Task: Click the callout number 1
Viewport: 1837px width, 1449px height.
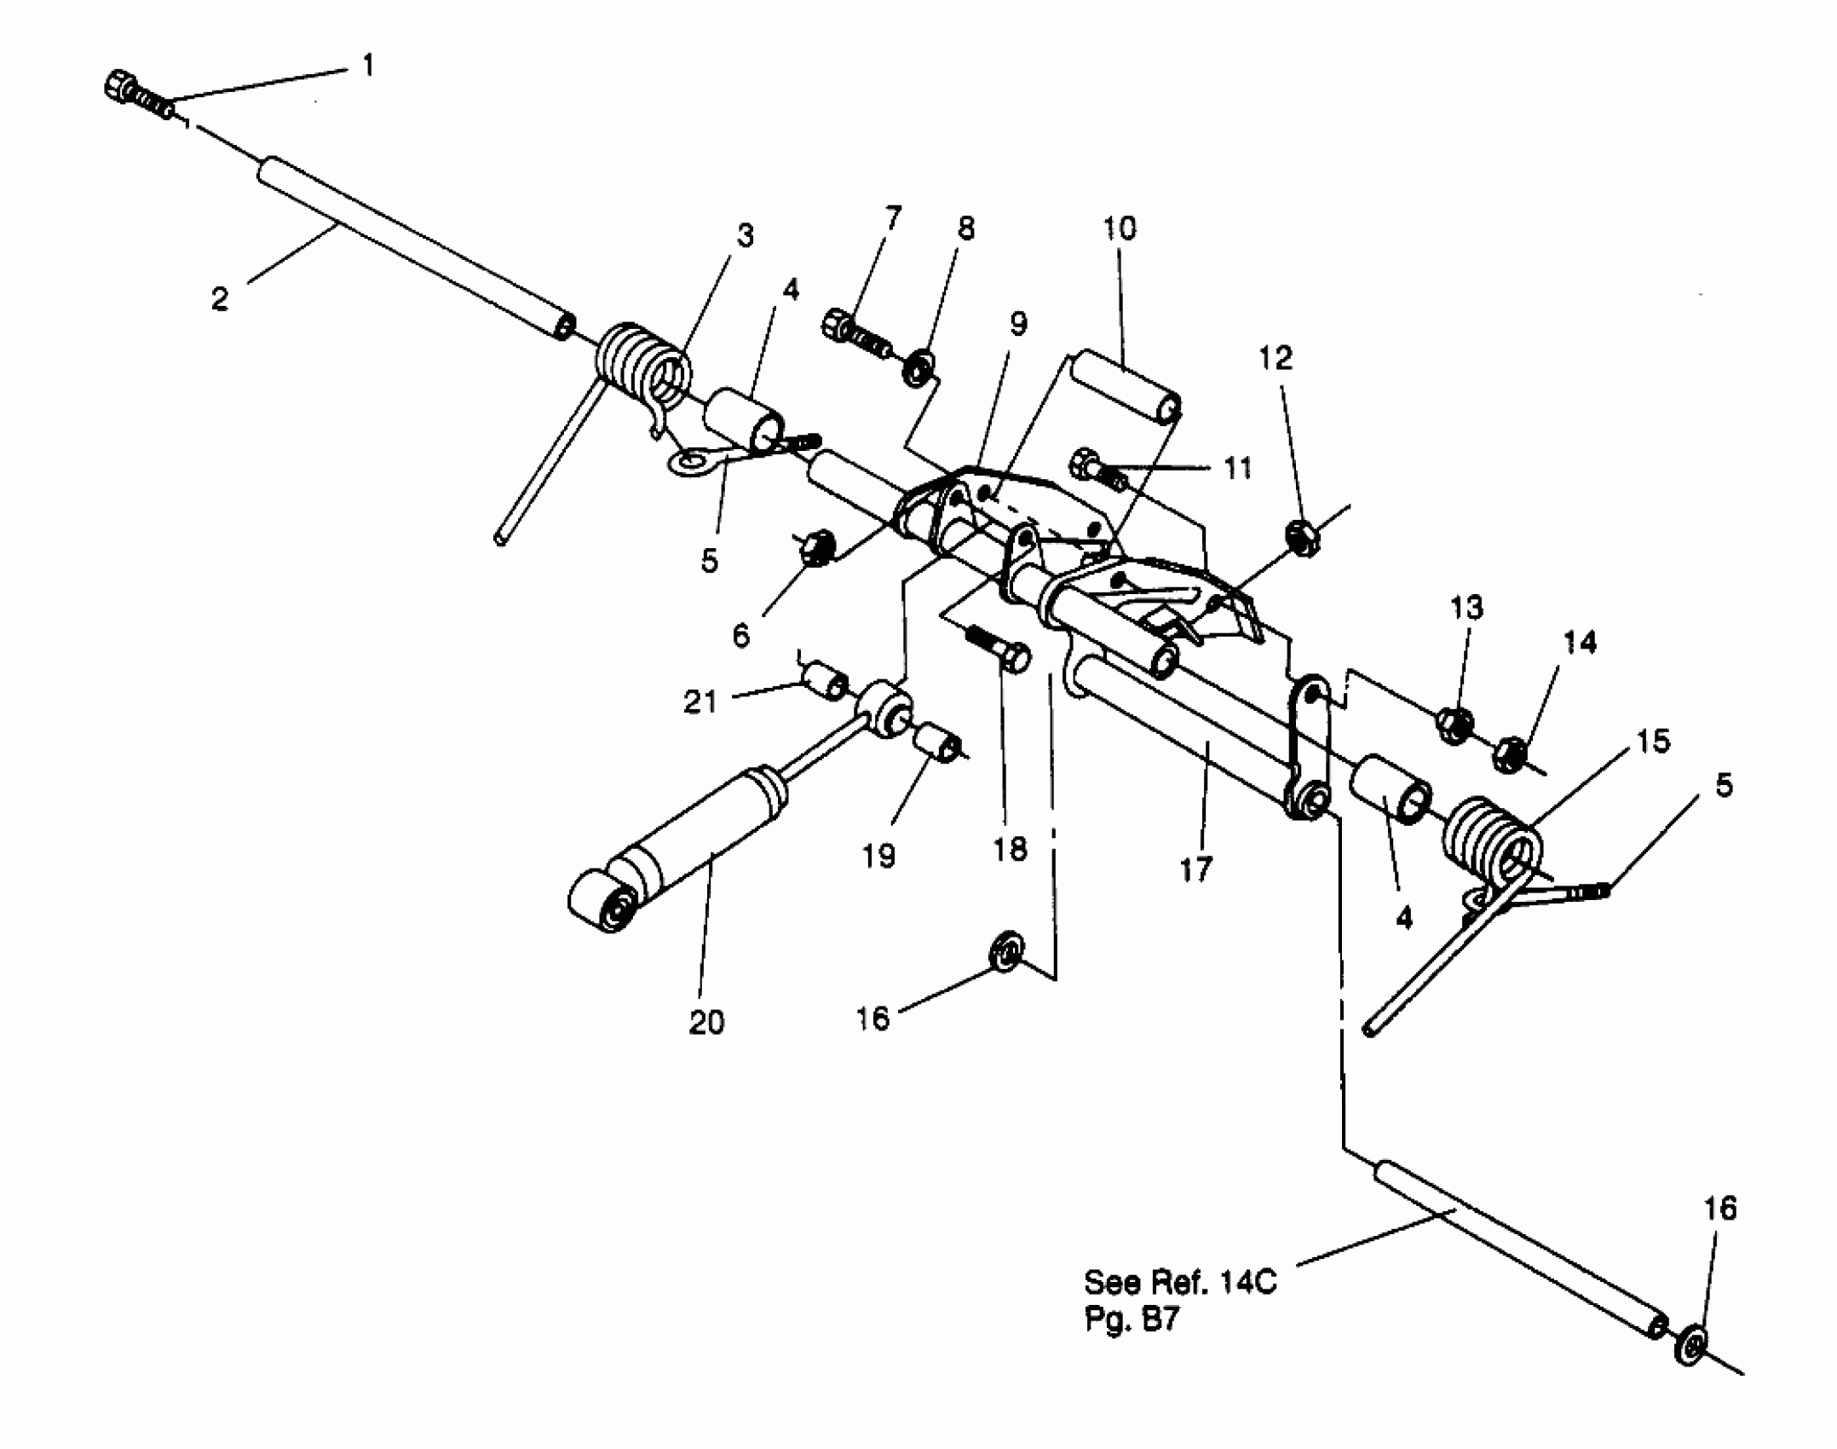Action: (x=368, y=66)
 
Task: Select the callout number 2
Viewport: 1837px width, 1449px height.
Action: (x=220, y=299)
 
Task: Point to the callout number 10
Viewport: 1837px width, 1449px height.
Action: (x=1119, y=228)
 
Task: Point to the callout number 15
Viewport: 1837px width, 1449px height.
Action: (x=1653, y=741)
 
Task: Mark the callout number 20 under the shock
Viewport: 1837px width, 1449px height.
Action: (x=706, y=1022)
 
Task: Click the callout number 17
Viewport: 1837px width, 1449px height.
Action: (x=1195, y=870)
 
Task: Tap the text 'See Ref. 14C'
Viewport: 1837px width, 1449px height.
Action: (x=1180, y=1282)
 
